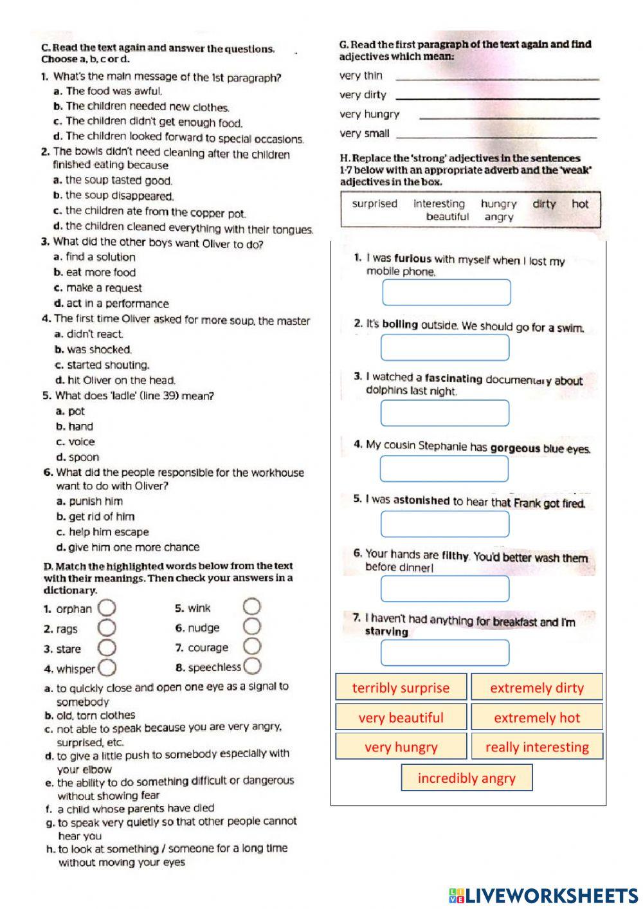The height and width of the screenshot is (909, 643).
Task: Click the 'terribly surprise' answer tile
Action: (x=401, y=687)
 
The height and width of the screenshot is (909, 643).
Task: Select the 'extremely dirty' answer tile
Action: (x=537, y=687)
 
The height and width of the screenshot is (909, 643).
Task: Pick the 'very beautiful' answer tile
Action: (x=401, y=717)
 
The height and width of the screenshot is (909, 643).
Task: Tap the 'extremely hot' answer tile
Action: (x=537, y=717)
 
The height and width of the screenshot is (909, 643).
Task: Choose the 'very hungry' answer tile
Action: (x=401, y=747)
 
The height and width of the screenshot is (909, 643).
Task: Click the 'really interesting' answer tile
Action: (x=537, y=747)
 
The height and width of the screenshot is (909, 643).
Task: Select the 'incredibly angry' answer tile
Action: (x=467, y=778)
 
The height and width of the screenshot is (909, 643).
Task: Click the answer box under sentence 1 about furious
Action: (x=446, y=293)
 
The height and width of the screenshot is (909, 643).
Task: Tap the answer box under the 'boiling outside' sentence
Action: (x=445, y=348)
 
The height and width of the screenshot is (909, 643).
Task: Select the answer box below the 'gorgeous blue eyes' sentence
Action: (x=444, y=468)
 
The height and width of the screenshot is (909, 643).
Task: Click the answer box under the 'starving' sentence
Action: (x=445, y=652)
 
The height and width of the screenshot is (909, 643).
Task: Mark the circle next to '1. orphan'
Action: (x=107, y=608)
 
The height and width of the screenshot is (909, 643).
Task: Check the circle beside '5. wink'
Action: (x=252, y=607)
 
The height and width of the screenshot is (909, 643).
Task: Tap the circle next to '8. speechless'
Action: (x=253, y=666)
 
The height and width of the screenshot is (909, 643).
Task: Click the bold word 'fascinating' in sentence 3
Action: (x=453, y=379)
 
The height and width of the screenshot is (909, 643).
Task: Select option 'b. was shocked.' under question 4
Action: (x=93, y=349)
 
